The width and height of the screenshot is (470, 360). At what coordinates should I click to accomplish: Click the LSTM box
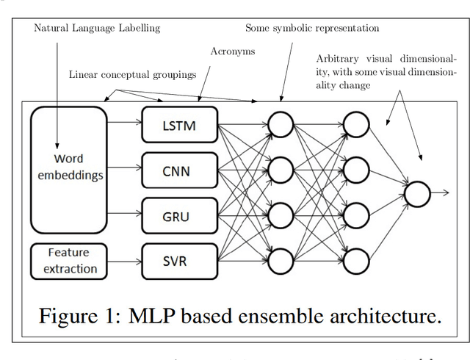[x=180, y=126]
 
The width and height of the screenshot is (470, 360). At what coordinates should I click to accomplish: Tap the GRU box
[x=180, y=215]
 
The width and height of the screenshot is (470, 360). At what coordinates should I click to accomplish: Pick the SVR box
[x=180, y=261]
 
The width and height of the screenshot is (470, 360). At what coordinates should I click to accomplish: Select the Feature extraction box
[x=70, y=261]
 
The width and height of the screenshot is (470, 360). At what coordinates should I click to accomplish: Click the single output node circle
[x=417, y=193]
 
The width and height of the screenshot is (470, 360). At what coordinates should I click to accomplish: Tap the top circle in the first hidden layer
[x=281, y=126]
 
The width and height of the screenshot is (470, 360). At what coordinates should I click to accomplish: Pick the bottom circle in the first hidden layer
[x=281, y=260]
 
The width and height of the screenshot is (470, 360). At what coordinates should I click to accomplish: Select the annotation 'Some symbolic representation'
[x=312, y=28]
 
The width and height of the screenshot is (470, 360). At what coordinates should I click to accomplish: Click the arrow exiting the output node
[x=441, y=193]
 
